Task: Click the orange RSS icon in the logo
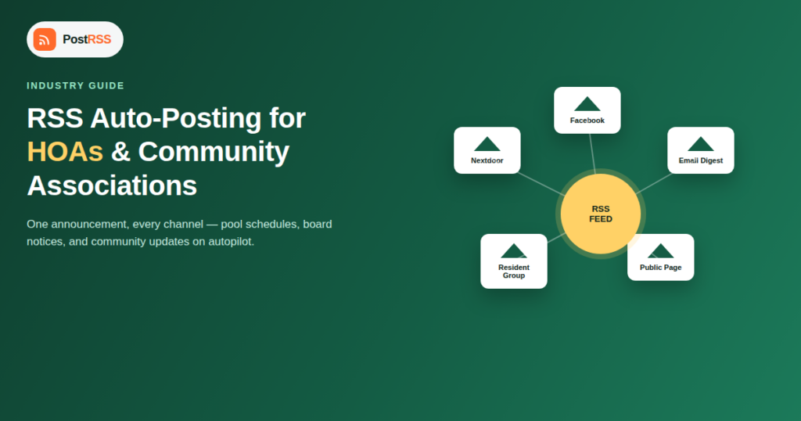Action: pyautogui.click(x=45, y=39)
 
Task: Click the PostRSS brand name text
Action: pyautogui.click(x=87, y=39)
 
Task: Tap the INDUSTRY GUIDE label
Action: pyautogui.click(x=76, y=86)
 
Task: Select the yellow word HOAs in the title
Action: pyautogui.click(x=65, y=152)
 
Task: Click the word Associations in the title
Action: pyautogui.click(x=112, y=185)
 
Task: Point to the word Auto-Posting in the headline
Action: pyautogui.click(x=176, y=118)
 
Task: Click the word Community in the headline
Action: pyautogui.click(x=214, y=153)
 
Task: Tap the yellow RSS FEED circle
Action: pyautogui.click(x=601, y=214)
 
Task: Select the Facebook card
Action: pyautogui.click(x=587, y=110)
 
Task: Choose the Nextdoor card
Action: pyautogui.click(x=487, y=150)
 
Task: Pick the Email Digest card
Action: pyautogui.click(x=701, y=150)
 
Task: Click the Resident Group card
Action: pyautogui.click(x=514, y=261)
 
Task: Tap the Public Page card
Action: pyautogui.click(x=660, y=257)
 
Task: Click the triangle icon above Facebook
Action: pyautogui.click(x=587, y=105)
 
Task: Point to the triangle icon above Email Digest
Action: pyautogui.click(x=701, y=145)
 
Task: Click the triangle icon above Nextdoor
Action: pyautogui.click(x=487, y=145)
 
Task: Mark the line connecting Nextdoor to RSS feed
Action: pyautogui.click(x=541, y=184)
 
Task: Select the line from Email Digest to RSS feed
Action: pyautogui.click(x=655, y=183)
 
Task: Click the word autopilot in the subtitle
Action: pyautogui.click(x=230, y=242)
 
